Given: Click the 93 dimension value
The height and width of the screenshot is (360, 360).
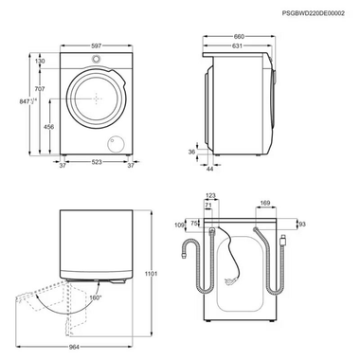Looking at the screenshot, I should (301, 224).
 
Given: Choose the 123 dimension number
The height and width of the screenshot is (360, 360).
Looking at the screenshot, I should (210, 195).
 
